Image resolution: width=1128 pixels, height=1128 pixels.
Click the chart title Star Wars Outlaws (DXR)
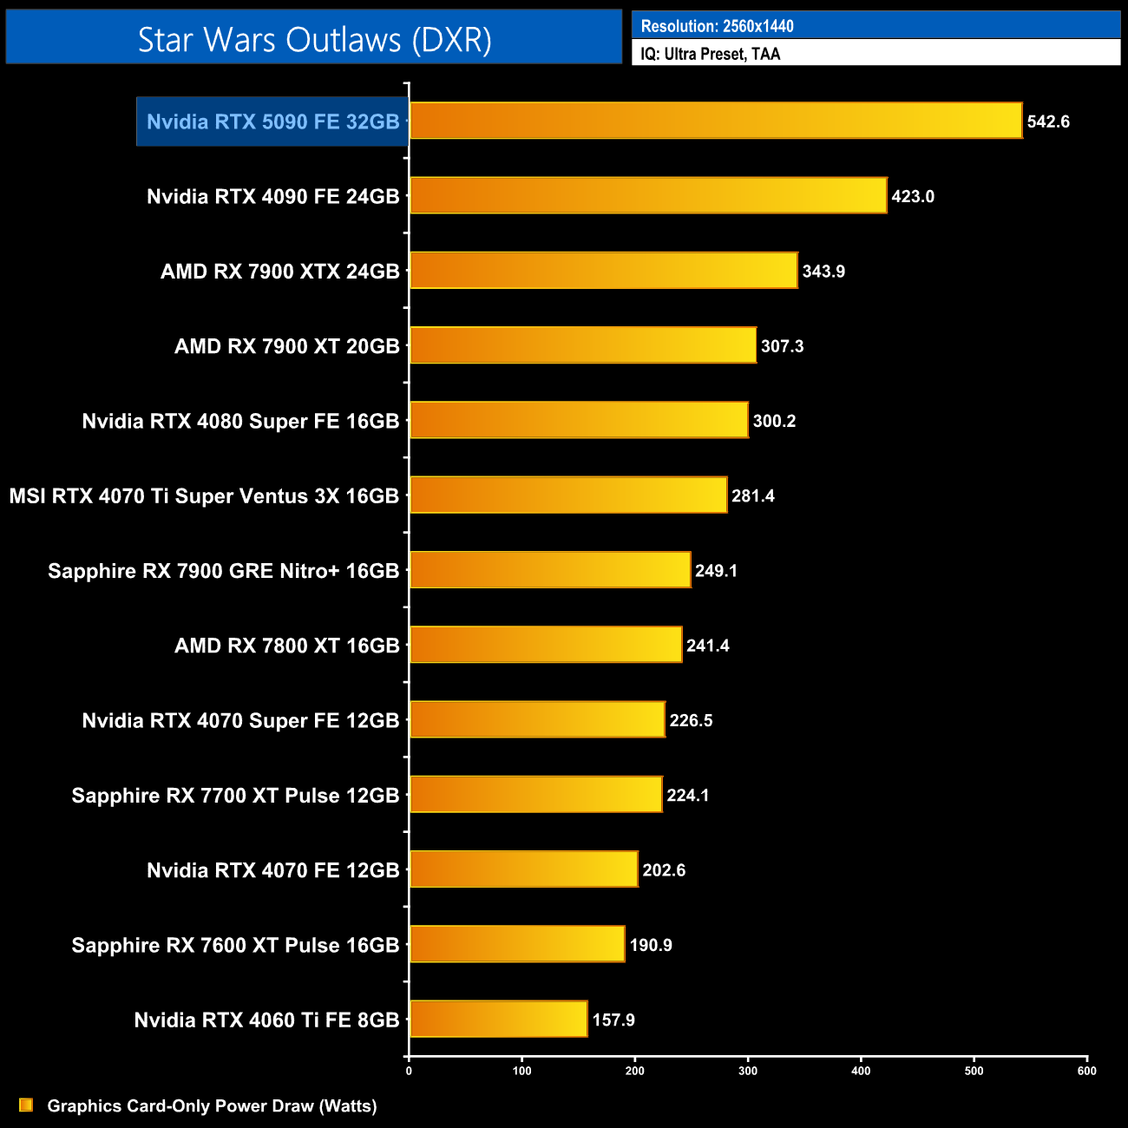[x=314, y=40]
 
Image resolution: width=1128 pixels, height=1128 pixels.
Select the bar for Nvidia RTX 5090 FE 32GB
[x=715, y=121]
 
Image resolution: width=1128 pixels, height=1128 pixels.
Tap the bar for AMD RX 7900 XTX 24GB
[x=603, y=271]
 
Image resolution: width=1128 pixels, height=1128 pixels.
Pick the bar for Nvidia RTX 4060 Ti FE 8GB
[x=498, y=1019]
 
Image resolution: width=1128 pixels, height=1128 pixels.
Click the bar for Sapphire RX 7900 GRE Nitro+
[x=550, y=570]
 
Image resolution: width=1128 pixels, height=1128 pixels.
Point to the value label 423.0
[x=913, y=196]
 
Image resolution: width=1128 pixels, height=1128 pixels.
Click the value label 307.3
[x=782, y=346]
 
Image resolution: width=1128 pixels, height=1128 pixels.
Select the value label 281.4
[x=752, y=495]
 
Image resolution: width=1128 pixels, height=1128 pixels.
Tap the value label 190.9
[x=651, y=945]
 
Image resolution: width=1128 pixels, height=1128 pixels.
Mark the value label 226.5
[x=691, y=720]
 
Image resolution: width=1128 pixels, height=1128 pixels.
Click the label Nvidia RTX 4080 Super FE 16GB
[x=240, y=421]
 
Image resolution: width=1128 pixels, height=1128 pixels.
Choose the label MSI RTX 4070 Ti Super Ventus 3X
[x=204, y=495]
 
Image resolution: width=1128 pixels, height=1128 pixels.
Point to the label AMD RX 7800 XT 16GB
[x=286, y=646]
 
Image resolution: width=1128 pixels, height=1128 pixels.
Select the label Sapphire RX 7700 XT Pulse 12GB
[x=235, y=795]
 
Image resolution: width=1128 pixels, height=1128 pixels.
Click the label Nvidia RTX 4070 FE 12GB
[x=272, y=870]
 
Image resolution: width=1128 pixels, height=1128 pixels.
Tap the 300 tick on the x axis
[x=748, y=1071]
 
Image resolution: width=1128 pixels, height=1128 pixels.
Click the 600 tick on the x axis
[x=1087, y=1071]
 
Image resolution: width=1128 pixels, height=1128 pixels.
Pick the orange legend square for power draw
[x=26, y=1105]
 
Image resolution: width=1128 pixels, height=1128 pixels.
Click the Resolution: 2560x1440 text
[x=717, y=26]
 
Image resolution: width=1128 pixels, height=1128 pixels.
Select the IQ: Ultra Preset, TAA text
[x=710, y=54]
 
